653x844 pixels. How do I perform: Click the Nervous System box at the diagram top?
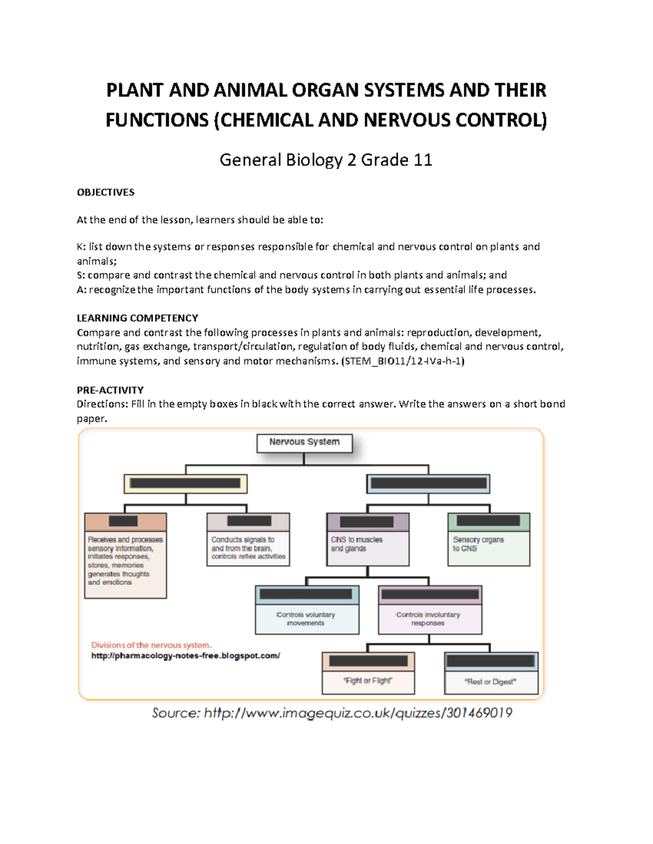[x=304, y=442]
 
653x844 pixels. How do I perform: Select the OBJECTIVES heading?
[x=106, y=192]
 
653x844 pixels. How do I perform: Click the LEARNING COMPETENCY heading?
[x=137, y=318]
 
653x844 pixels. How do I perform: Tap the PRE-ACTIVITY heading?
[x=110, y=390]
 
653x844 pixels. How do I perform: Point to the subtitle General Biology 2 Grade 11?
[x=325, y=160]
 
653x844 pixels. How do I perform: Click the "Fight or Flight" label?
[x=368, y=681]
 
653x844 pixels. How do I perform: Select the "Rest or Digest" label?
[x=490, y=682]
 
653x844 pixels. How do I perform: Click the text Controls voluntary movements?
[x=306, y=619]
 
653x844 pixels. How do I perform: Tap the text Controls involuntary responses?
[x=428, y=619]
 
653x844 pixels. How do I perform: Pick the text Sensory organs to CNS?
[x=478, y=544]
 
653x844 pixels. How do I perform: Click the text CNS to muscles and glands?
[x=356, y=544]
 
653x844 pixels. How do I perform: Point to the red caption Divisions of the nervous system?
[x=151, y=645]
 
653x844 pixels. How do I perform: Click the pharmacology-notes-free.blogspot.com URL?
[x=186, y=656]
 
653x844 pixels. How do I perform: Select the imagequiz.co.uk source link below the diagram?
[x=358, y=713]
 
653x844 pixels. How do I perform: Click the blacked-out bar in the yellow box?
[x=185, y=483]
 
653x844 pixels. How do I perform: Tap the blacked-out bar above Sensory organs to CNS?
[x=488, y=521]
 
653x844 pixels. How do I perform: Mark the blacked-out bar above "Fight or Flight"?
[x=368, y=661]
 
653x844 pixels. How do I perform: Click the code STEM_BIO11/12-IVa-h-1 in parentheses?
[x=403, y=361]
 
